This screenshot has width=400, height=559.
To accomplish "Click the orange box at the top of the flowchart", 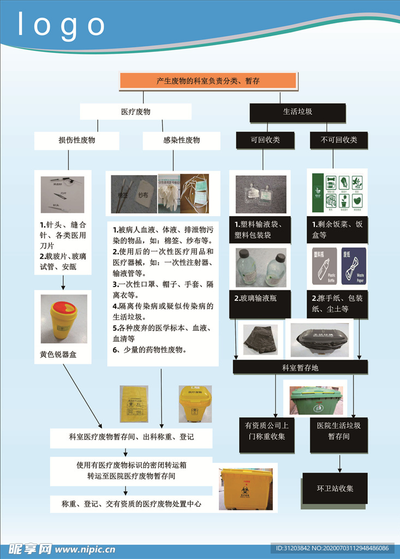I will [208, 81].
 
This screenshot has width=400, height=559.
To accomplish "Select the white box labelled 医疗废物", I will [135, 112].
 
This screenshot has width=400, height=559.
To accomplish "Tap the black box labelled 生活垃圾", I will [297, 112].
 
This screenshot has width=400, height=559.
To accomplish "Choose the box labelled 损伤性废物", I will [76, 140].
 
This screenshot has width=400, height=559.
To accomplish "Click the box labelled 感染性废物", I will [181, 140].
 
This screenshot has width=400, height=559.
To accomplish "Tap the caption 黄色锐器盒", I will [58, 354].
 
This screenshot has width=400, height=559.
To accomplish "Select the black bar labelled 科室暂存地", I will [300, 367].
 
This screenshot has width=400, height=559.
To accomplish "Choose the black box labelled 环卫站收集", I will [335, 488].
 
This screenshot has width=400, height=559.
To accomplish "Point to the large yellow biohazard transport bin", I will [246, 489].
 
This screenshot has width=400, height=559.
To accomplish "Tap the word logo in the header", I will [62, 26].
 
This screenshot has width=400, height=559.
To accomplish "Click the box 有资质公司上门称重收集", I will [266, 431].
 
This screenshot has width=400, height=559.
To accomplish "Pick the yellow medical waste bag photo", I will [134, 403].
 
